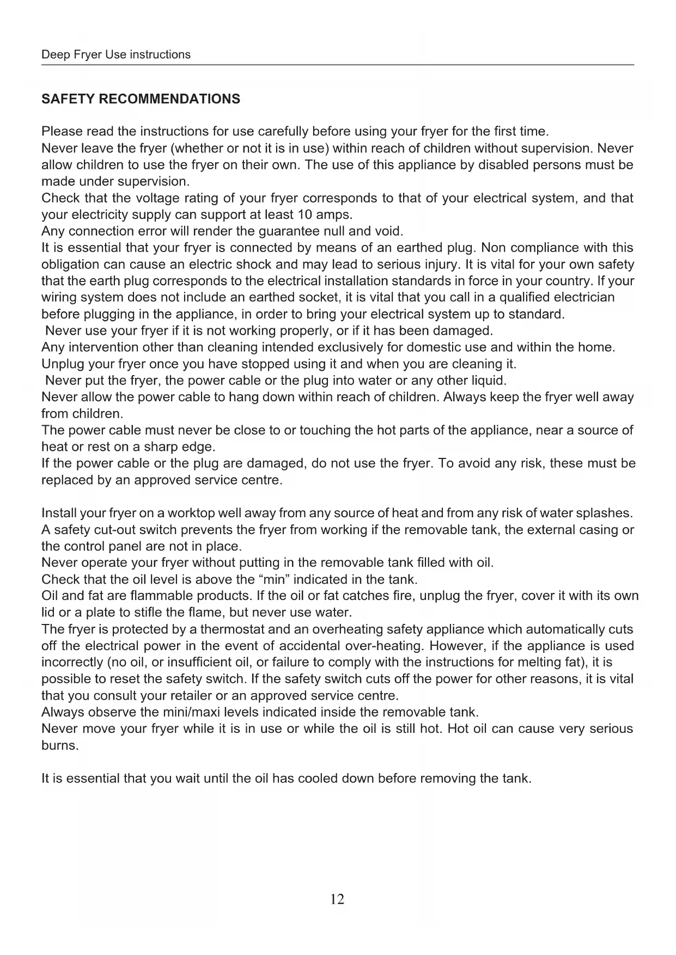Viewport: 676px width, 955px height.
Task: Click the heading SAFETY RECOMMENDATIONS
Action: [141, 99]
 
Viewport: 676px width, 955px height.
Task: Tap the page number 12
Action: [337, 899]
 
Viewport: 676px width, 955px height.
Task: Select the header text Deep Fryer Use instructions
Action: [116, 54]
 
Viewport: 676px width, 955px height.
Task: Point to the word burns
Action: [59, 745]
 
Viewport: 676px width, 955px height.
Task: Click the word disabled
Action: [503, 165]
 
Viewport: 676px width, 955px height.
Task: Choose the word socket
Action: [317, 297]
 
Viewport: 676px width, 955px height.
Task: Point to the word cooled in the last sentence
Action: [316, 779]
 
